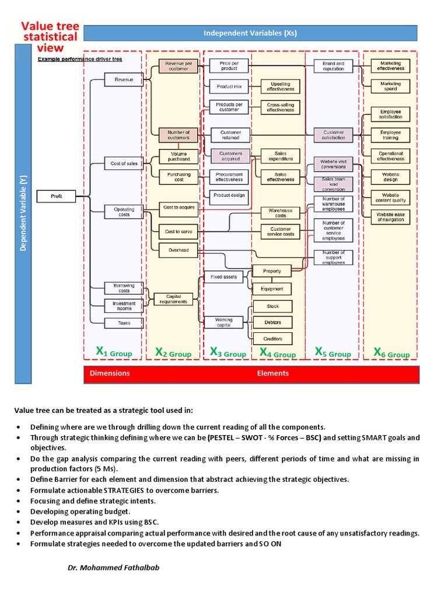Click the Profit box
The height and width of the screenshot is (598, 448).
(57, 197)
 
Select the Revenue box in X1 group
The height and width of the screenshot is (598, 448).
(124, 79)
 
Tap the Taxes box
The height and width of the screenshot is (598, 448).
(124, 323)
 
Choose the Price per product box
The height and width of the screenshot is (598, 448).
(229, 65)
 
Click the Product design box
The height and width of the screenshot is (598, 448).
(229, 195)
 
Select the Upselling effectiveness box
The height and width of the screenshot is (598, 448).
(281, 86)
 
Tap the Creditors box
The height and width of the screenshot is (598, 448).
(272, 339)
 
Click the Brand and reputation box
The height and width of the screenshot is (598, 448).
(333, 66)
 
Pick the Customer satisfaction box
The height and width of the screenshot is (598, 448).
(333, 135)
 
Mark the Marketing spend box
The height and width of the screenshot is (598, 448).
(390, 86)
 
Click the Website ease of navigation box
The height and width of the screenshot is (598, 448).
(390, 217)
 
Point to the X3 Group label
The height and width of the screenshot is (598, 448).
(228, 353)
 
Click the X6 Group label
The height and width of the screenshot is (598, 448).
(391, 353)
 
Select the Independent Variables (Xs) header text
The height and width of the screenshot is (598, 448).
(250, 33)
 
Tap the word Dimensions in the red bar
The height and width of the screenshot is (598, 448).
(110, 373)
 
